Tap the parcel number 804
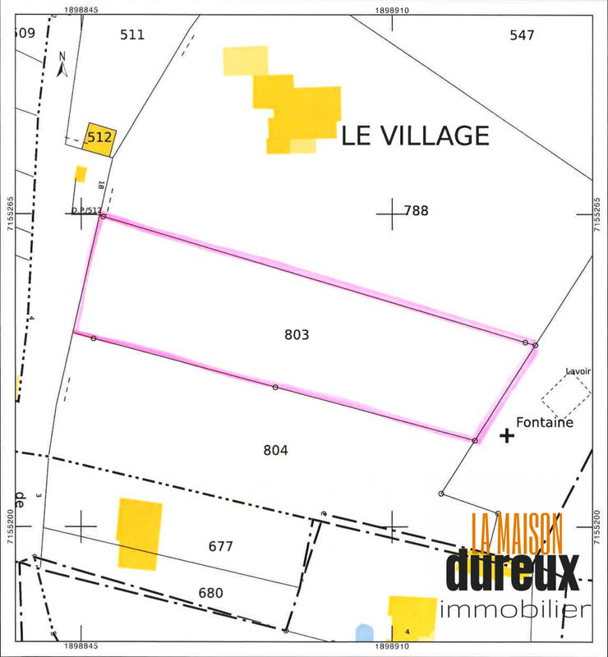tap(275, 450)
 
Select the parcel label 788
tap(417, 211)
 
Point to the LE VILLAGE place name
tap(415, 136)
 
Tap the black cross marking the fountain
tap(507, 436)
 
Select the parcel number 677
tap(221, 546)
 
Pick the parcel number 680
tap(210, 592)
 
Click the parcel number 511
tap(131, 34)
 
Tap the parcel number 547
tap(522, 34)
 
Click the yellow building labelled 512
tap(99, 138)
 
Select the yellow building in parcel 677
tap(139, 533)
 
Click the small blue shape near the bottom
tap(364, 633)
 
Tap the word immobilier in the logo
tap(515, 609)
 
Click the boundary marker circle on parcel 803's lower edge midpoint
tap(275, 387)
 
